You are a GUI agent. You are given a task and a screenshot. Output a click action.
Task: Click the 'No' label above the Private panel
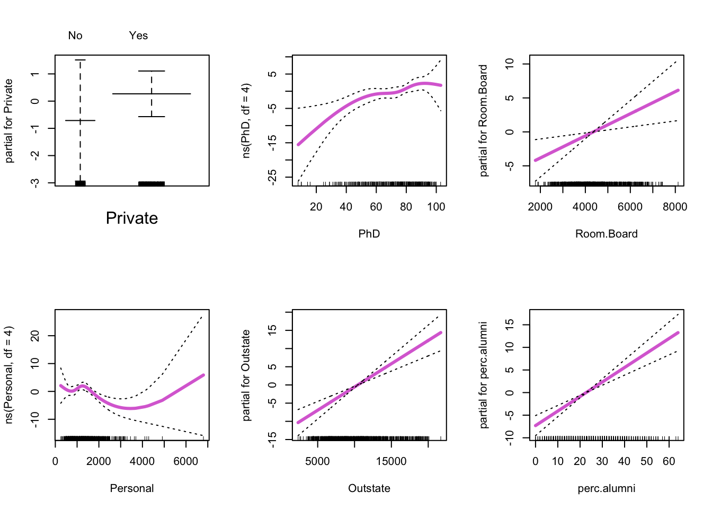[75, 36]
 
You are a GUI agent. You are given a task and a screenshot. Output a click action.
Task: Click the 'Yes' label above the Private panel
[138, 36]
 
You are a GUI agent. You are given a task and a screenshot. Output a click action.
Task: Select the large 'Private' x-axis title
[132, 218]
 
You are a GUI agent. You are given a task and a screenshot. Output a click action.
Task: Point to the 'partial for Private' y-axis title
[8, 121]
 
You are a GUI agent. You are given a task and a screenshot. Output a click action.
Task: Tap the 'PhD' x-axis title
[369, 234]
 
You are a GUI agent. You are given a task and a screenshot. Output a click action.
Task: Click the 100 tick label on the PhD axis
[436, 207]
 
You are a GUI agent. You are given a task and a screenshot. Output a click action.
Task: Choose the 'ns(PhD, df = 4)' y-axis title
[246, 121]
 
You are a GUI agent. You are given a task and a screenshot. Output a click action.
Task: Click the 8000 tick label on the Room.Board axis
[675, 207]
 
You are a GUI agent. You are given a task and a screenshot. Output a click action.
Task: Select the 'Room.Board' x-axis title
[607, 234]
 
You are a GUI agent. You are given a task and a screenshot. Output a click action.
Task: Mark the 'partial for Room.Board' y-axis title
[483, 121]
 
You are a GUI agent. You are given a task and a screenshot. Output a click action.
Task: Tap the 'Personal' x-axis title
[132, 488]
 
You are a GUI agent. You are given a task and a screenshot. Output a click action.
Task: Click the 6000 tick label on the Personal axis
[186, 461]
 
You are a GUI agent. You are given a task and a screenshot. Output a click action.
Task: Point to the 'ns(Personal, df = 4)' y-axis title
[8, 375]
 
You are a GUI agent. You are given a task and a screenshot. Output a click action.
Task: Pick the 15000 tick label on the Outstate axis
[391, 461]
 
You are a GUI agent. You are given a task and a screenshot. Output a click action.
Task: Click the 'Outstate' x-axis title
[369, 488]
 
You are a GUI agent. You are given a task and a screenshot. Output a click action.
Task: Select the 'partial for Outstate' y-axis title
[246, 375]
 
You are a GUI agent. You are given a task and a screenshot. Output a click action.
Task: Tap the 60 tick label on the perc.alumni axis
[669, 461]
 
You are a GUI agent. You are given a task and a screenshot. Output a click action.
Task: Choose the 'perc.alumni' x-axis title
[607, 488]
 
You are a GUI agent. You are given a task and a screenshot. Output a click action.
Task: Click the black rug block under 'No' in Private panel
[80, 183]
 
